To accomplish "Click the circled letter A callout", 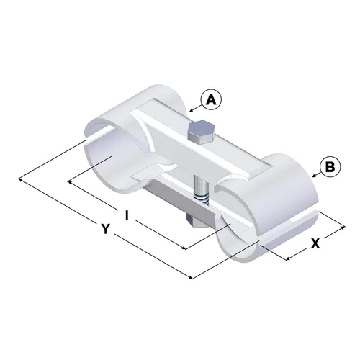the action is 212,100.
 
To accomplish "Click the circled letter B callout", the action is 330,166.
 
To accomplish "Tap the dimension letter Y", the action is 105,228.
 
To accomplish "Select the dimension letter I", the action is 127,215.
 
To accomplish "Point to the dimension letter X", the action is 315,243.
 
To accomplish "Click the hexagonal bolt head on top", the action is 200,132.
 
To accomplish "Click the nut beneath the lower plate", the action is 194,221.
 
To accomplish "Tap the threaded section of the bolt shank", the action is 202,199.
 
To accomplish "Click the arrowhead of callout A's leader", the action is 191,111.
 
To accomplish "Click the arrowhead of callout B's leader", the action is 314,176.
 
